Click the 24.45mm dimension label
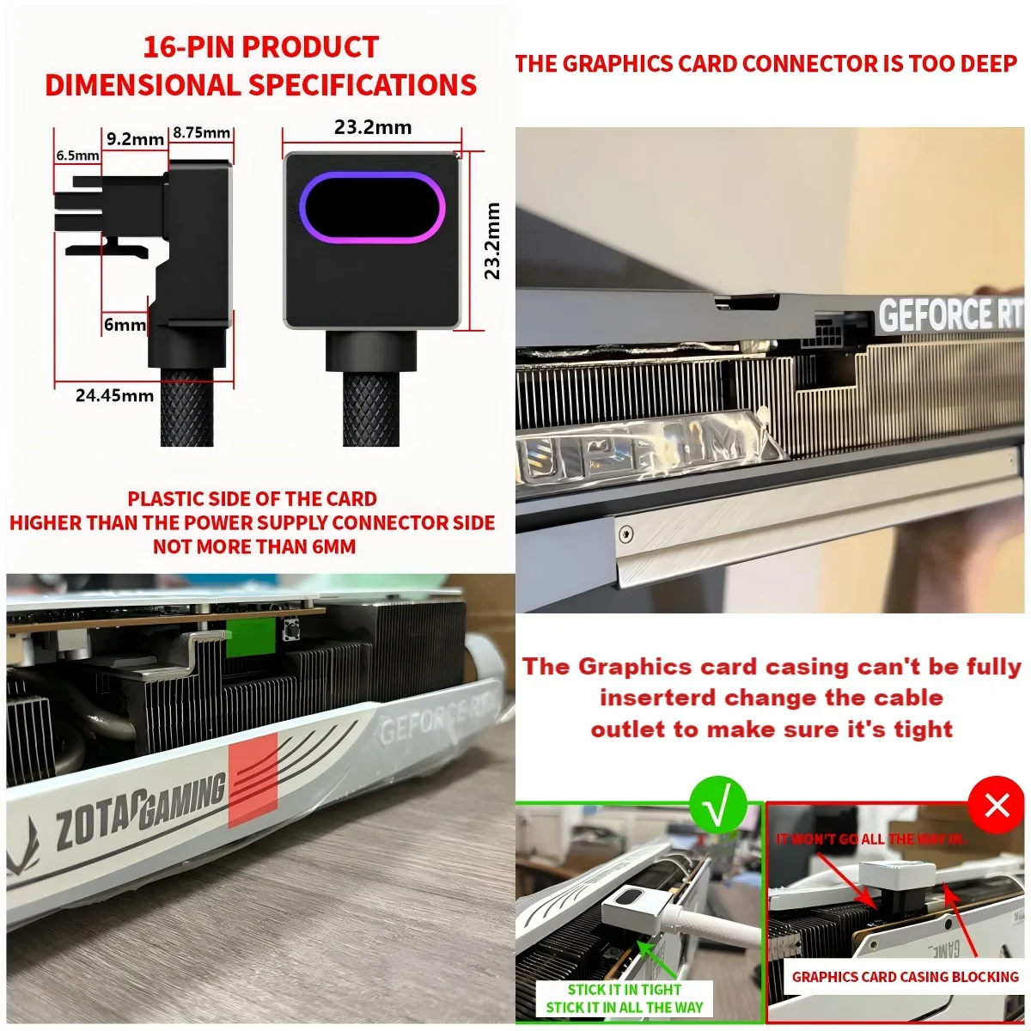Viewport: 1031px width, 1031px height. pyautogui.click(x=114, y=395)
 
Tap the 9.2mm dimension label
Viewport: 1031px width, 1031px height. pyautogui.click(x=135, y=139)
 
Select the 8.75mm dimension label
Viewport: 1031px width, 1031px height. pyautogui.click(x=202, y=132)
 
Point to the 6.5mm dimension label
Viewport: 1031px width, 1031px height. pyautogui.click(x=77, y=156)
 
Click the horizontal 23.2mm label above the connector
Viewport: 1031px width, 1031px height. pyautogui.click(x=373, y=128)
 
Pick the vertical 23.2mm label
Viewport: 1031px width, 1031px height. pyautogui.click(x=492, y=241)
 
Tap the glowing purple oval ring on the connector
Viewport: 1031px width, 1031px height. pyautogui.click(x=372, y=207)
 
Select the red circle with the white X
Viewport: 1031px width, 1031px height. pyautogui.click(x=997, y=805)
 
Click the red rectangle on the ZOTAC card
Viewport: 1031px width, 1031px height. pyautogui.click(x=253, y=780)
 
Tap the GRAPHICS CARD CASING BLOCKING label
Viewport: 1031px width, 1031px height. pyautogui.click(x=905, y=977)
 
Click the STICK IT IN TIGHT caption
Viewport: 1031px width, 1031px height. pyautogui.click(x=624, y=989)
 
